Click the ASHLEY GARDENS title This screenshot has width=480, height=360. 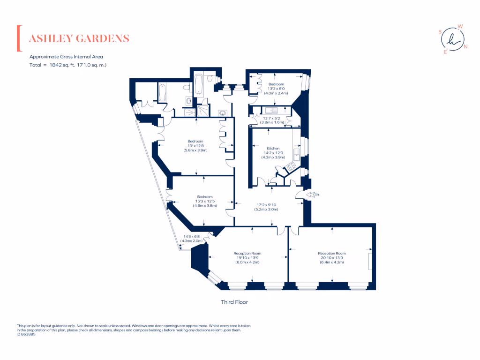79,38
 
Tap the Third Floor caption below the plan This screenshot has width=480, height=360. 234,302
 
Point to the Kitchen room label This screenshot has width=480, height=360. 273,149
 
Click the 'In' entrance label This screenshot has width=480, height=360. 317,195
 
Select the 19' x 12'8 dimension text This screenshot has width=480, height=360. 195,146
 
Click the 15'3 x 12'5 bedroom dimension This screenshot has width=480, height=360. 204,201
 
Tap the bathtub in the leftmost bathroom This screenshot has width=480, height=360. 163,93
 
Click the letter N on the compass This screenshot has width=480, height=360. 465,46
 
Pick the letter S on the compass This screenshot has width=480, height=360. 440,32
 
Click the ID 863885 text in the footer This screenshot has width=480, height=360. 26,334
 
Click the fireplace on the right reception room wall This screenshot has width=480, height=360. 370,261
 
